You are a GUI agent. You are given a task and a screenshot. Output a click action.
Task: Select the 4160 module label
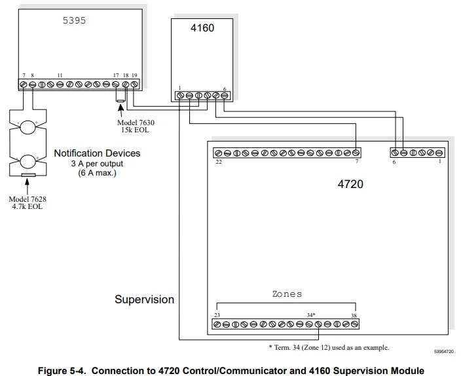[x=202, y=28]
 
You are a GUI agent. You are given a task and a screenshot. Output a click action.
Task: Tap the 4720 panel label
[x=350, y=184]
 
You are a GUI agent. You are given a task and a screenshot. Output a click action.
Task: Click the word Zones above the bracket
[x=287, y=294]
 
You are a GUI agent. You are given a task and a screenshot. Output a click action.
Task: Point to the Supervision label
[x=144, y=299]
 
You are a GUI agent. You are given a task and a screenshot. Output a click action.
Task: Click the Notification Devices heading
[x=97, y=153]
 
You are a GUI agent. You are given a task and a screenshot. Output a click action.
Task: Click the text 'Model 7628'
[x=28, y=198]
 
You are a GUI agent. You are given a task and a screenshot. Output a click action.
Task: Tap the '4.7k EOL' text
[x=28, y=207]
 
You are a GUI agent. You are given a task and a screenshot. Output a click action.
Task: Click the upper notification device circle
[x=28, y=126]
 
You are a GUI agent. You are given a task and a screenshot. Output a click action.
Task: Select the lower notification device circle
[x=28, y=160]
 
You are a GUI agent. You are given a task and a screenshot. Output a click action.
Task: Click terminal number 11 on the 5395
[x=60, y=76]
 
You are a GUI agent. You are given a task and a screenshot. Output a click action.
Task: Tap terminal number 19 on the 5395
[x=134, y=76]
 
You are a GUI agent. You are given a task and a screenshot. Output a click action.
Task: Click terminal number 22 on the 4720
[x=219, y=162]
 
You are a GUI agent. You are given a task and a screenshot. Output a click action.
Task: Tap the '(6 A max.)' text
[x=97, y=172]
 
